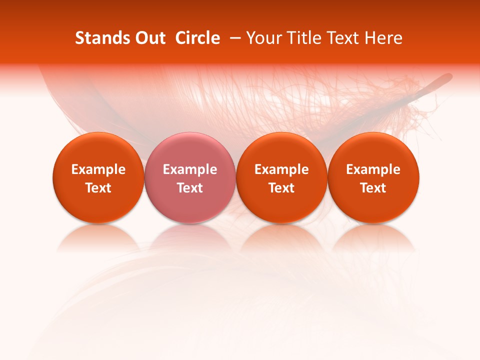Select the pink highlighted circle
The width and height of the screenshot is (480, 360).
click(x=190, y=178)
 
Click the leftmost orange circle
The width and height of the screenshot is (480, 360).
click(x=98, y=178)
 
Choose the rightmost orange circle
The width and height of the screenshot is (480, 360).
click(x=373, y=178)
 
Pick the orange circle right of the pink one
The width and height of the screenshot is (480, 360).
click(x=281, y=178)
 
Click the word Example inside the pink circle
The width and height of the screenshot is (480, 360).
click(x=190, y=169)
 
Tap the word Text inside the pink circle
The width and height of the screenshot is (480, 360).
click(x=190, y=188)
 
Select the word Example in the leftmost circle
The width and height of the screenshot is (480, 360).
click(x=98, y=169)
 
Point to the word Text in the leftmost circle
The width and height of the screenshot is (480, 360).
click(x=98, y=188)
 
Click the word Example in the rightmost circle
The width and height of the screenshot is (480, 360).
click(x=373, y=169)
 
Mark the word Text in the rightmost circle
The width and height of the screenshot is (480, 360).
click(x=373, y=188)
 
